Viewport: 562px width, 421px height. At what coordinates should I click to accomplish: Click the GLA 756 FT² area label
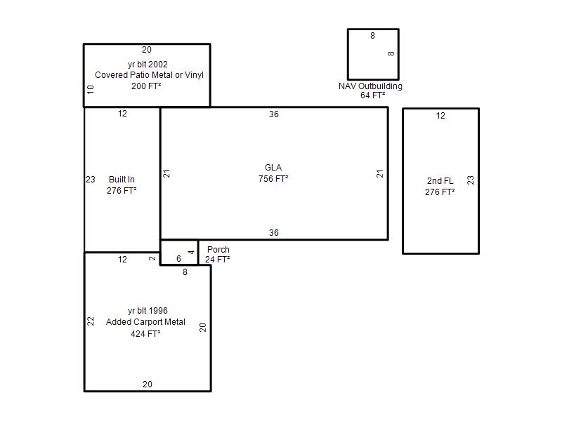(x=273, y=173)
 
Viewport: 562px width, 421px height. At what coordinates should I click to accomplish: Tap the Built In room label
(x=122, y=180)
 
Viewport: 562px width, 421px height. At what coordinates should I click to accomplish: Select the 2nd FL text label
(x=440, y=181)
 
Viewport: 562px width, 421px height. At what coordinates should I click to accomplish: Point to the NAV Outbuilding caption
(x=371, y=86)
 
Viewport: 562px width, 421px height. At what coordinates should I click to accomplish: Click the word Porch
(x=218, y=250)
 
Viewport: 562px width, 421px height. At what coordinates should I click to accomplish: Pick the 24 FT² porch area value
(x=218, y=259)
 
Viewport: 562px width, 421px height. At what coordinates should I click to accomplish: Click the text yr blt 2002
(x=148, y=65)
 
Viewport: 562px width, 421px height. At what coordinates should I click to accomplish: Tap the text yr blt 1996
(x=148, y=311)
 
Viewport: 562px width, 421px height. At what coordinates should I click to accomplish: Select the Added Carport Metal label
(x=145, y=322)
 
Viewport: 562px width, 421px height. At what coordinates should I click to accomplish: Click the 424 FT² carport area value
(x=145, y=334)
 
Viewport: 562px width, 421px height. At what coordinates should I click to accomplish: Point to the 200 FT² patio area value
(x=146, y=86)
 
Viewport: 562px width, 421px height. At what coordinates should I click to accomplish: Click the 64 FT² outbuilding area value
(x=373, y=95)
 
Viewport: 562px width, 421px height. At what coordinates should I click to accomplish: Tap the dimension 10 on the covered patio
(x=91, y=89)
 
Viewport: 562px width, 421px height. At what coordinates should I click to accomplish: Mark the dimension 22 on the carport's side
(x=91, y=321)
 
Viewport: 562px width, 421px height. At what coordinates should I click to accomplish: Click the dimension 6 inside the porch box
(x=178, y=259)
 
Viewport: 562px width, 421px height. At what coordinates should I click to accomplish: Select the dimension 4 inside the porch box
(x=191, y=252)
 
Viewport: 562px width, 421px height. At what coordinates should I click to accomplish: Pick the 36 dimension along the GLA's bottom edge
(x=274, y=233)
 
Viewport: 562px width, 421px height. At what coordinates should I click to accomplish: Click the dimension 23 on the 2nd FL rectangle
(x=471, y=180)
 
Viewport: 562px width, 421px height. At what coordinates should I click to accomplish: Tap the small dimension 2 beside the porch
(x=152, y=258)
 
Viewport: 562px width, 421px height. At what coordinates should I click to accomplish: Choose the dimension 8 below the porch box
(x=185, y=272)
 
